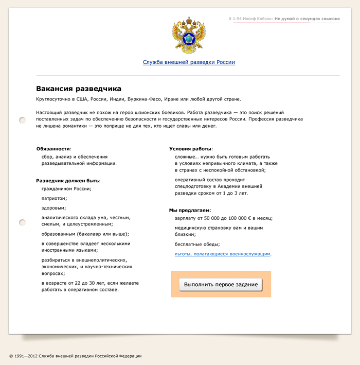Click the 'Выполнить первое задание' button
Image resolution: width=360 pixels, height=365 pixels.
[x=221, y=284]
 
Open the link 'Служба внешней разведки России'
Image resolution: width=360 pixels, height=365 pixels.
[x=189, y=62]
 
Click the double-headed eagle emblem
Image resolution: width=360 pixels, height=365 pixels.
[x=189, y=36]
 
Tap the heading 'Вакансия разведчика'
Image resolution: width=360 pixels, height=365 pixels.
[x=79, y=89]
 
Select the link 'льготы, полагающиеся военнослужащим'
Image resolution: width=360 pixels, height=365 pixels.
[x=223, y=254]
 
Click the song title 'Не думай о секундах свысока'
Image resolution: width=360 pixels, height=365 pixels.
[x=307, y=19]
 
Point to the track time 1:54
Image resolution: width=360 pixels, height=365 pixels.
[x=237, y=19]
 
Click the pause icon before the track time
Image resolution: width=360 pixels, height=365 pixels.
[x=230, y=19]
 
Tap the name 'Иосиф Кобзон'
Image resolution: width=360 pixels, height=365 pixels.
[x=258, y=19]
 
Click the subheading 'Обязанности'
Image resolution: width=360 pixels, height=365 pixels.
[x=53, y=148]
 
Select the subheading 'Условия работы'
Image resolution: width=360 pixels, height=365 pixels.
[x=190, y=148]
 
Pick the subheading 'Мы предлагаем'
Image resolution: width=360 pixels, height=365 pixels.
[x=189, y=210]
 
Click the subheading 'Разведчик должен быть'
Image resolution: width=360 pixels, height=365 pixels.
[x=67, y=180]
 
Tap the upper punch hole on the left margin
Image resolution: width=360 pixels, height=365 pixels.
[x=22, y=120]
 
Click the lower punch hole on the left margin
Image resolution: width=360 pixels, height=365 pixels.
[x=22, y=222]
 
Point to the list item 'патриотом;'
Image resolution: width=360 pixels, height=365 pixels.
[x=54, y=198]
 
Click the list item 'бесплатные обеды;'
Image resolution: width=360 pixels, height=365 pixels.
[x=197, y=244]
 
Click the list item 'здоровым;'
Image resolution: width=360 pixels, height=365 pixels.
[x=53, y=208]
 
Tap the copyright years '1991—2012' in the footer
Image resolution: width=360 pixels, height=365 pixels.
[x=27, y=356]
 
